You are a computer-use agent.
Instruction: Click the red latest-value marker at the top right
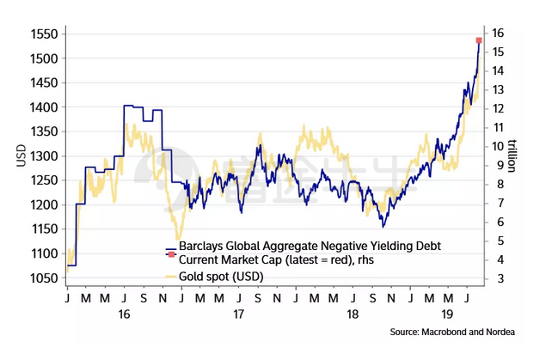point(479,40)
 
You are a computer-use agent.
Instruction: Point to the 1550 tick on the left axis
point(43,34)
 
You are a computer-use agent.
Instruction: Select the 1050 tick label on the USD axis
point(43,280)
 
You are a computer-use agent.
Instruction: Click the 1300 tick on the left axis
point(43,156)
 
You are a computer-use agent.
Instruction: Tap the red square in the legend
point(170,255)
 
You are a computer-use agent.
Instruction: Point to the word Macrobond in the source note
point(463,331)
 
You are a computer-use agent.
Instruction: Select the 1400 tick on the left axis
point(43,107)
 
